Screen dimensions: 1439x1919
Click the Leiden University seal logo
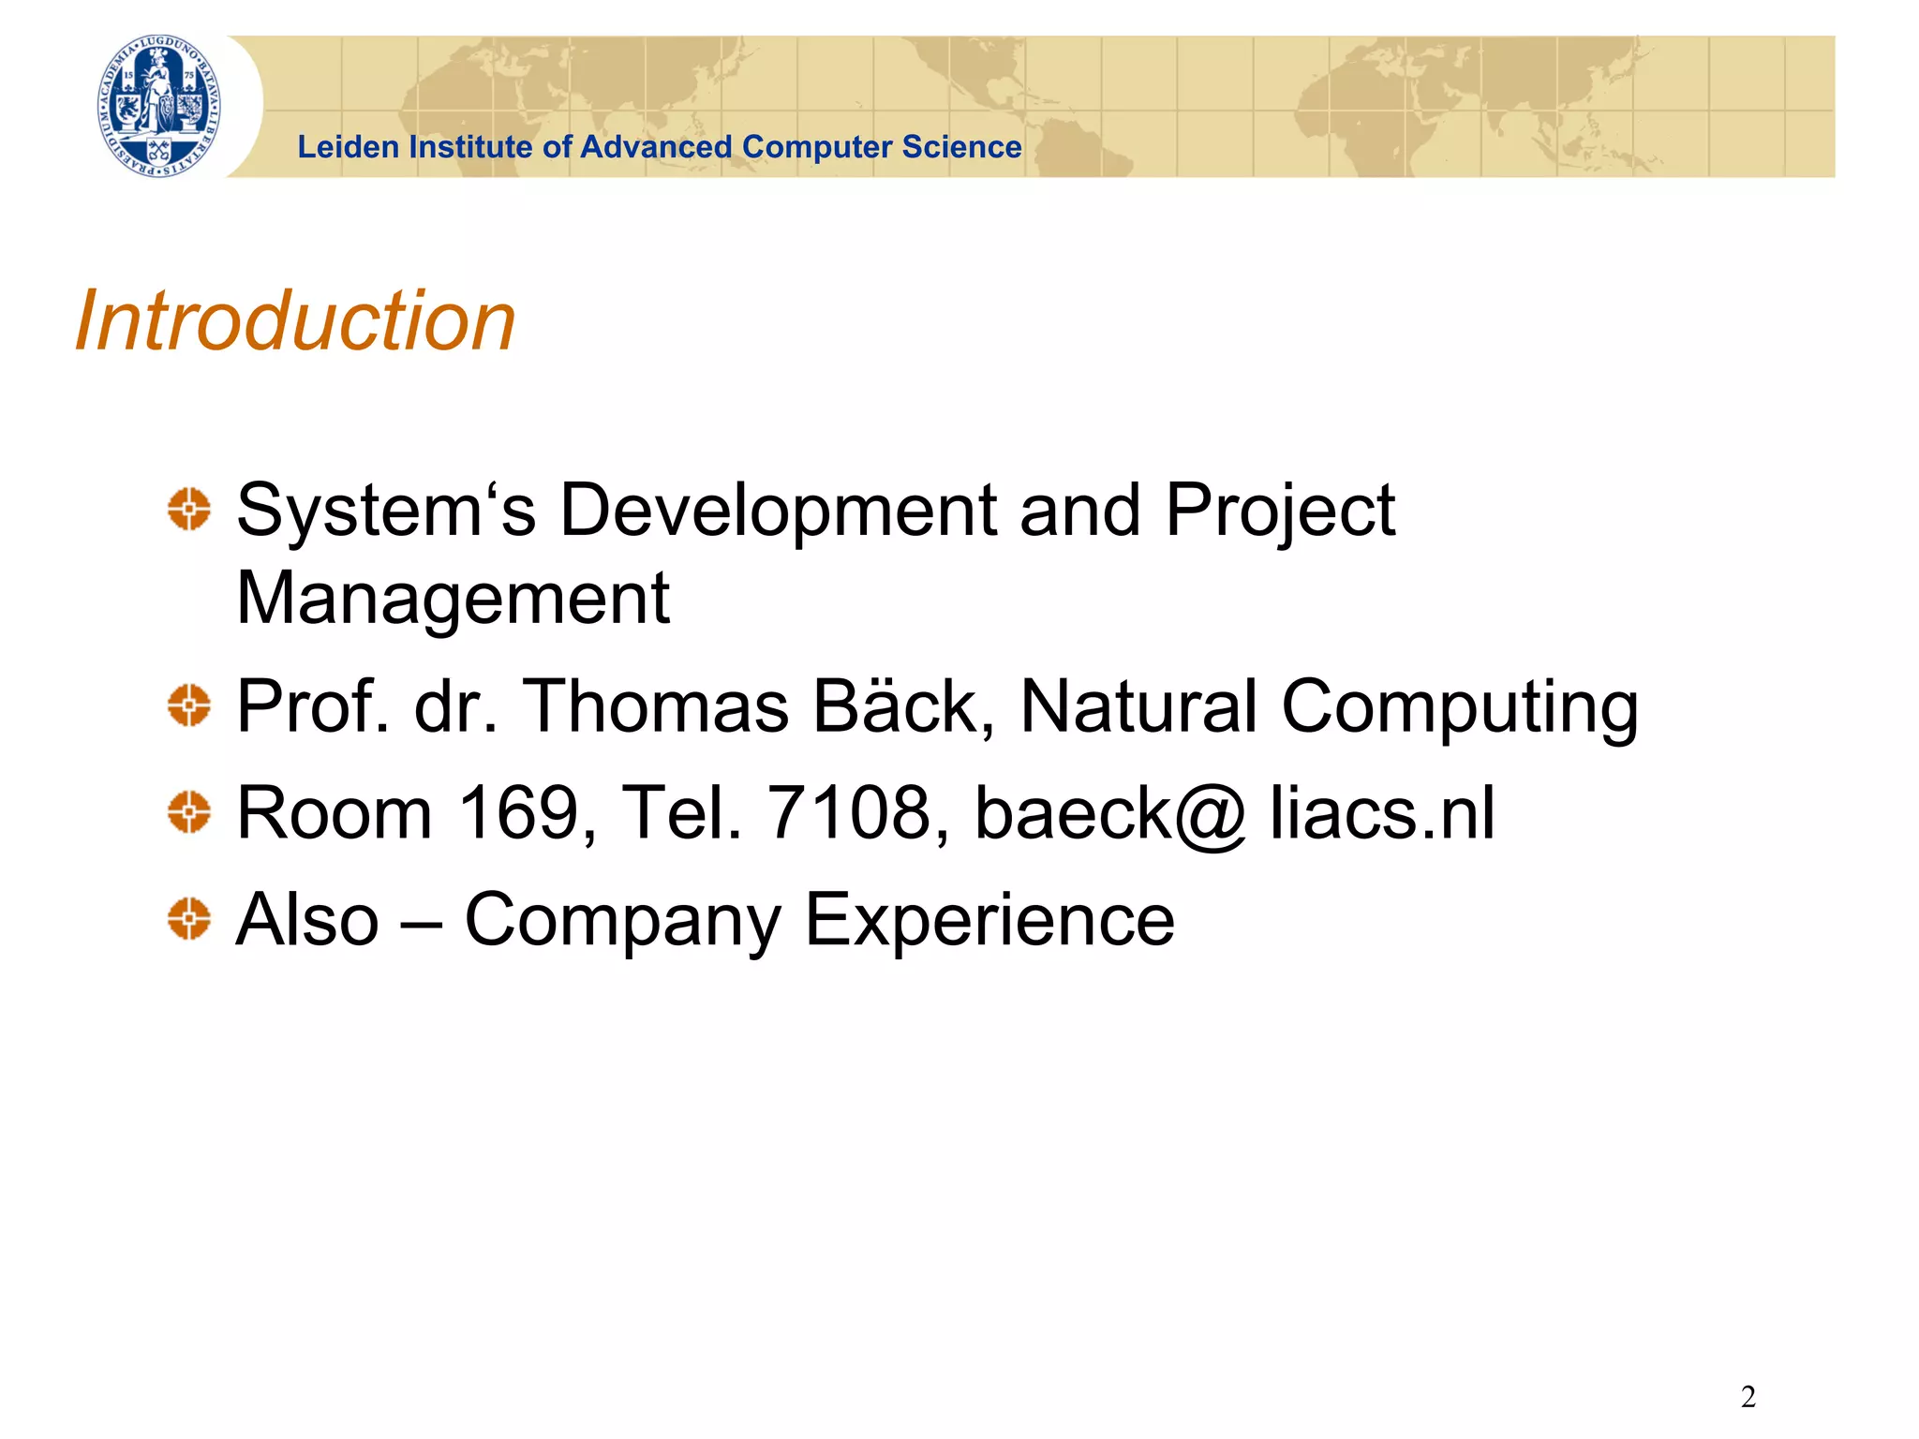[x=159, y=106]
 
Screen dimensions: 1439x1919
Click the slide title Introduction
[x=295, y=320]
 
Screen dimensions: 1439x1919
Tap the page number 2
[x=1748, y=1397]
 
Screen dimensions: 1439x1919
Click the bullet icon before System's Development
[x=189, y=510]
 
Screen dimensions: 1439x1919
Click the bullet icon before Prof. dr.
[x=189, y=705]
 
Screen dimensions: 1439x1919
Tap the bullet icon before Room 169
[x=189, y=811]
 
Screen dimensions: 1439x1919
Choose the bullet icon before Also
[x=189, y=918]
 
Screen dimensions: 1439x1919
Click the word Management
[x=454, y=600]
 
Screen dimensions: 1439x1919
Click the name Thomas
[x=656, y=705]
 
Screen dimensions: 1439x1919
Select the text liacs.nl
[x=1382, y=811]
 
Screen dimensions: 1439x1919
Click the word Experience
[x=989, y=920]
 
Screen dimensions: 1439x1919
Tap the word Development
[x=778, y=511]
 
